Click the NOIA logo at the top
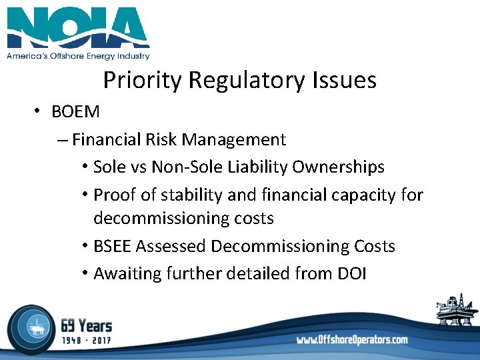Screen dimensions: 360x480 tap(78, 28)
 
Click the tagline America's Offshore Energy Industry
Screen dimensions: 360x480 tap(78, 57)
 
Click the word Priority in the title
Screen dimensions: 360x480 tap(143, 81)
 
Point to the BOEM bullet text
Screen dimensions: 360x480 tap(75, 112)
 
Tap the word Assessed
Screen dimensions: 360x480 tap(171, 247)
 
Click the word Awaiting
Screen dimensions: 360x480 tap(126, 273)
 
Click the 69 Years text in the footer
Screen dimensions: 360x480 tap(86, 326)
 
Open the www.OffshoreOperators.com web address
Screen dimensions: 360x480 tap(352, 340)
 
